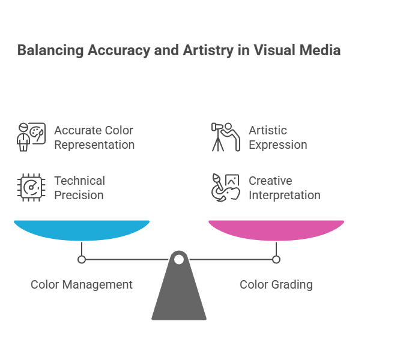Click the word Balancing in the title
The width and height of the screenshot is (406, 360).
click(50, 50)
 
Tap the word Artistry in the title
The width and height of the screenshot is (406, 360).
click(208, 50)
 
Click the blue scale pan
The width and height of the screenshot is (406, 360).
click(82, 230)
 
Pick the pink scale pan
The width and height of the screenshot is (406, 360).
click(276, 230)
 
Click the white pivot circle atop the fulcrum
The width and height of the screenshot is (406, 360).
click(179, 259)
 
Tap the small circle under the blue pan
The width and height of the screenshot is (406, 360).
click(82, 259)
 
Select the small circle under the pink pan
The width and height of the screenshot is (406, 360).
click(276, 259)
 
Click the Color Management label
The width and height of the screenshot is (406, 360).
click(82, 284)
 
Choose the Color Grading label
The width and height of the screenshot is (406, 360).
click(276, 284)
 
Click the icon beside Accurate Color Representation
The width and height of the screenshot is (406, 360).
click(31, 137)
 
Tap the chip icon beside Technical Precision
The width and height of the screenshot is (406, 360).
click(31, 187)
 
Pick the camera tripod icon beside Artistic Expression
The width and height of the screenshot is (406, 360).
click(226, 137)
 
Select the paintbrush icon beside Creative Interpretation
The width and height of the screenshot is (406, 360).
click(226, 187)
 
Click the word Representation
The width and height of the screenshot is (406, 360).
click(94, 145)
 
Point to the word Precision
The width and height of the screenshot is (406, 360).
click(79, 195)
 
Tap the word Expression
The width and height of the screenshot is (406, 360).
click(278, 145)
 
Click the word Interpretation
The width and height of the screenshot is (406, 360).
click(285, 195)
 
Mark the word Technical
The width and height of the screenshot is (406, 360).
click(80, 181)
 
